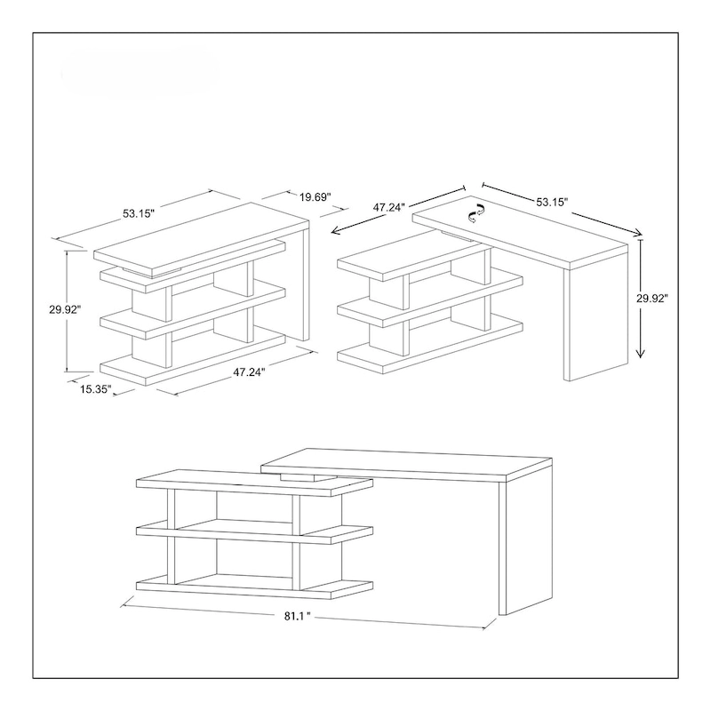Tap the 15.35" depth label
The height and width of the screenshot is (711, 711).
click(92, 390)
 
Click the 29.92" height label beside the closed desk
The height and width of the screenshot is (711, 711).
click(65, 309)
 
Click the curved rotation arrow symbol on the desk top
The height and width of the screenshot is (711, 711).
click(478, 211)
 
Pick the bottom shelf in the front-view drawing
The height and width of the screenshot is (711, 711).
click(253, 586)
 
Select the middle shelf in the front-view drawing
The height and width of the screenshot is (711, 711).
click(253, 531)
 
